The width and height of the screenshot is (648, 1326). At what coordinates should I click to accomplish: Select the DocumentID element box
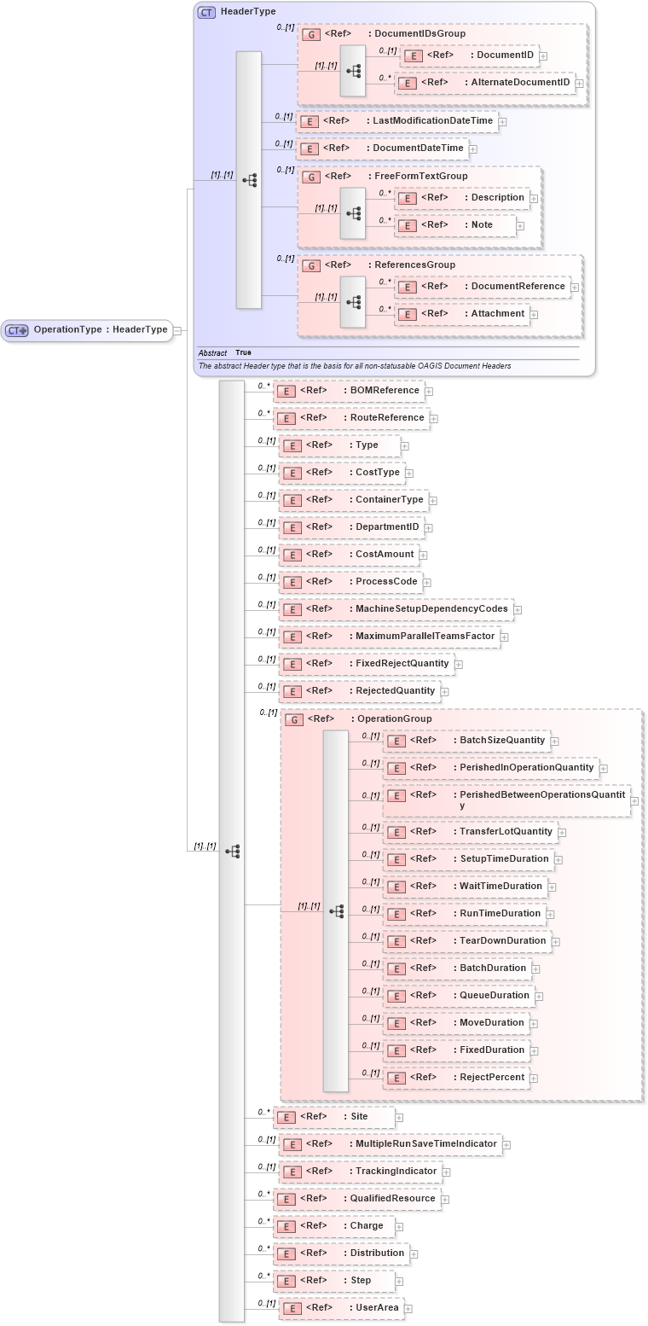[469, 55]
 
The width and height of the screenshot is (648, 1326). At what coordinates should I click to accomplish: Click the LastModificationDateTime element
[397, 121]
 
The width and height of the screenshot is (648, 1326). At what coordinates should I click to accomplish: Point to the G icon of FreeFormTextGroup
[311, 177]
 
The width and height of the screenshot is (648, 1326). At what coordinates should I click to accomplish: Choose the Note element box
[456, 225]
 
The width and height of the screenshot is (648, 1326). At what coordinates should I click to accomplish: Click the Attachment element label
[497, 314]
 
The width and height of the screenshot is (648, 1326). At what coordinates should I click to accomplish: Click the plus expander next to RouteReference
[433, 419]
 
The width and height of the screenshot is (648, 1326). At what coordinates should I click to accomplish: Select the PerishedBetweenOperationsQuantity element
[506, 800]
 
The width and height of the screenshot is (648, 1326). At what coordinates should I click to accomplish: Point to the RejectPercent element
[456, 1078]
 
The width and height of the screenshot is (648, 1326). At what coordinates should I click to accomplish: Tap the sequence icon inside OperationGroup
[336, 911]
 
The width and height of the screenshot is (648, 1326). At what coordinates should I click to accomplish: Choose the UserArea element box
[340, 1308]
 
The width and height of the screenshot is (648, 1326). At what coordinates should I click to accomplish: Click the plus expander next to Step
[399, 1282]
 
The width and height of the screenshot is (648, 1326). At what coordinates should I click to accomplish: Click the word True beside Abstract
[243, 352]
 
